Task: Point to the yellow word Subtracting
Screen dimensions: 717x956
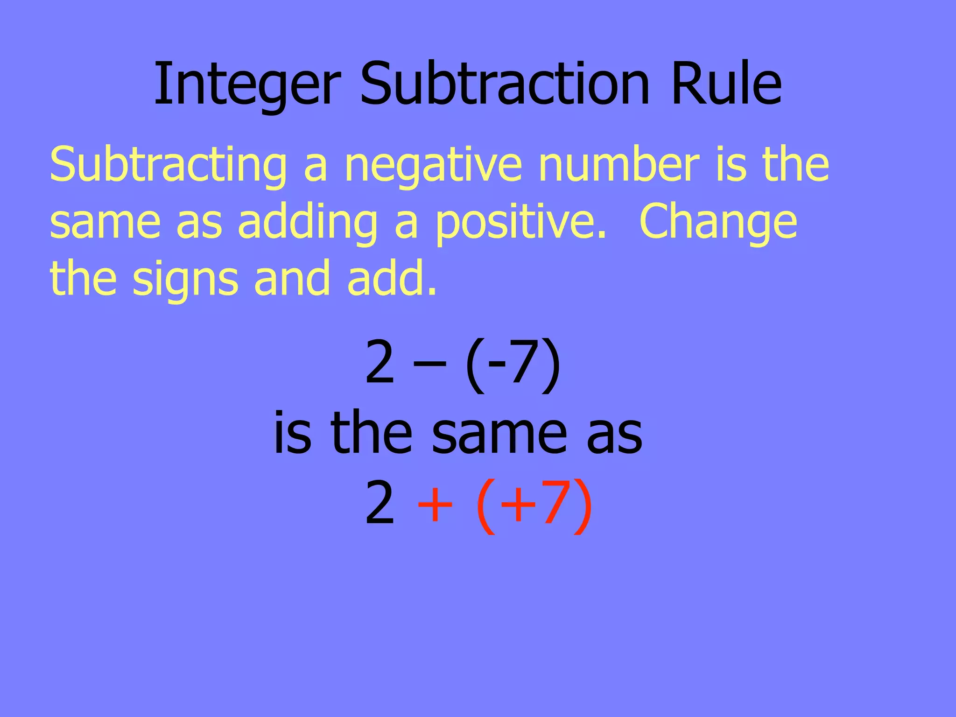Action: pyautogui.click(x=168, y=166)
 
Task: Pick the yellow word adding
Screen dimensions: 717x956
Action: pyautogui.click(x=308, y=223)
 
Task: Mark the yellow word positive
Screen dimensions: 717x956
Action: pyautogui.click(x=520, y=223)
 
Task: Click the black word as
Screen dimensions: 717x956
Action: pyautogui.click(x=614, y=434)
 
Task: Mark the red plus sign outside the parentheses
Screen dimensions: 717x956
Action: pyautogui.click(x=435, y=504)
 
